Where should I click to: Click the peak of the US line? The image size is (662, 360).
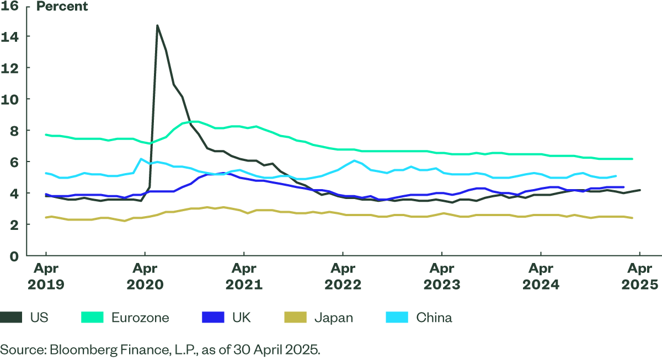click(x=157, y=25)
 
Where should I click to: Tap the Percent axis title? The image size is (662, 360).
click(x=62, y=7)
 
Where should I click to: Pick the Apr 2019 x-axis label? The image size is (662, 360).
click(x=45, y=277)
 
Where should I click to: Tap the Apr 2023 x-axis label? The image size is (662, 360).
click(x=441, y=277)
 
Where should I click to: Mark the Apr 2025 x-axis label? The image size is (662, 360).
click(x=639, y=277)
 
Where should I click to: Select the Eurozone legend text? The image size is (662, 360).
click(x=140, y=318)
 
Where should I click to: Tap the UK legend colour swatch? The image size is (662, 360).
click(x=213, y=318)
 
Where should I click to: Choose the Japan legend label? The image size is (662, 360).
click(x=333, y=318)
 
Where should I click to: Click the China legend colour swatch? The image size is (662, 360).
click(x=396, y=318)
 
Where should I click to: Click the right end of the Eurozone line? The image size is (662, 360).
click(x=632, y=159)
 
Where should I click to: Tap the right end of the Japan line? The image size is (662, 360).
click(x=632, y=218)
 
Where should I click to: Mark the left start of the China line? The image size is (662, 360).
click(x=46, y=173)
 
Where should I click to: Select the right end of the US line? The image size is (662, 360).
click(x=640, y=190)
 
